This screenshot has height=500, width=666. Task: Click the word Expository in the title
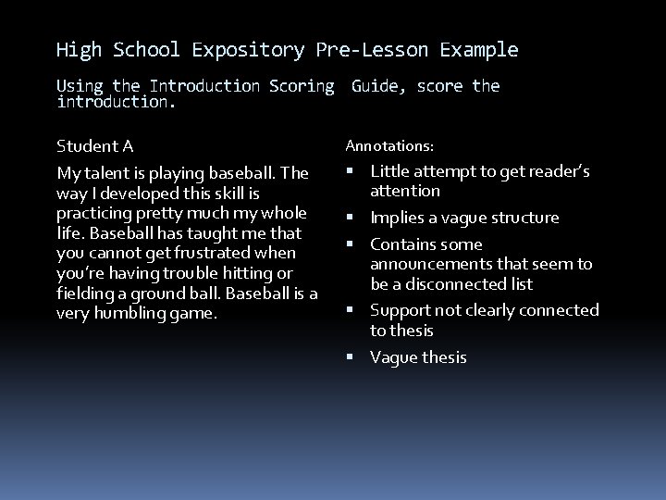248,50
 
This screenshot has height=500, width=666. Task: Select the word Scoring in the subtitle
302,86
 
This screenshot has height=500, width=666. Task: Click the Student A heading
95,146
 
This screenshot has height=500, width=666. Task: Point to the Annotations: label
389,146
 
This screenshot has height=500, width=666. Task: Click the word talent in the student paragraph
104,173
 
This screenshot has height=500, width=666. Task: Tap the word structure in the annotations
525,219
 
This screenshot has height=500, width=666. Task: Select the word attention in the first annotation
405,192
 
